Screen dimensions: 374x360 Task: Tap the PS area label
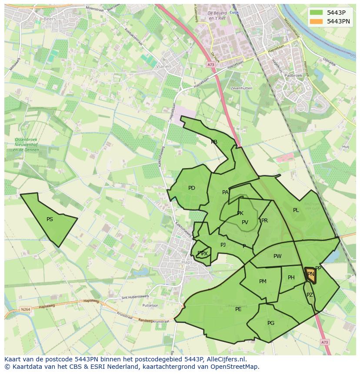[x=50, y=219]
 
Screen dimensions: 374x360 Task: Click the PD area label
[x=192, y=188]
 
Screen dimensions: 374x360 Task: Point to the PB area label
[x=214, y=142]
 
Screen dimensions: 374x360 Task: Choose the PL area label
[x=296, y=210]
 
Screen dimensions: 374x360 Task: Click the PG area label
[x=271, y=323]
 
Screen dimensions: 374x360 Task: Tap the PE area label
[x=238, y=309]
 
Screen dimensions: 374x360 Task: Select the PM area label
[x=263, y=281]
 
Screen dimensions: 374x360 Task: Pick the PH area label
[x=291, y=278]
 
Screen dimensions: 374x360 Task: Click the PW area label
[x=277, y=256]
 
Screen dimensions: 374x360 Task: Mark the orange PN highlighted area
[x=310, y=274]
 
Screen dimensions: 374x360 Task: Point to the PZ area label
[x=310, y=295]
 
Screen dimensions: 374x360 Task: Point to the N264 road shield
[x=25, y=309]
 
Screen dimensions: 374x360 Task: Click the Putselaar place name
[x=150, y=305]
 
